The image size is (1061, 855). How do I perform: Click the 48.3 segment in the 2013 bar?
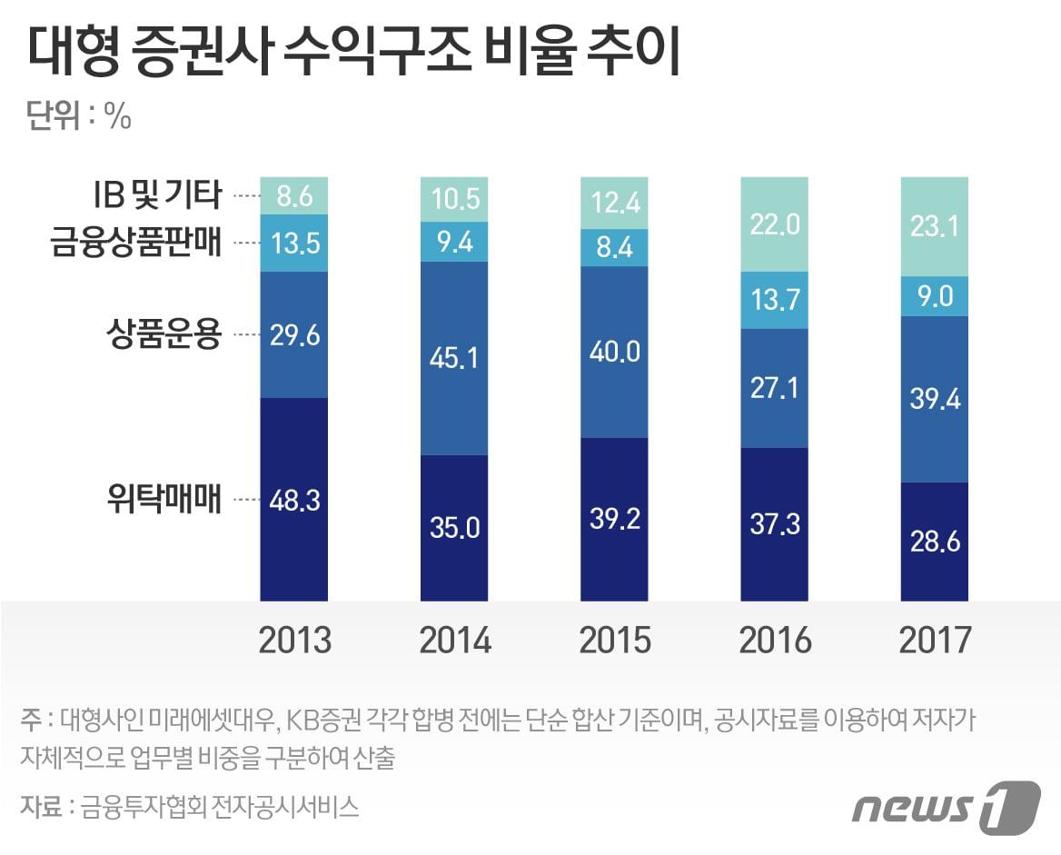(294, 499)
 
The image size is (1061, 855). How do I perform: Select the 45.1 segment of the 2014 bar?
(454, 357)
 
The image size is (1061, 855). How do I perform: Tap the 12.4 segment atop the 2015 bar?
(614, 203)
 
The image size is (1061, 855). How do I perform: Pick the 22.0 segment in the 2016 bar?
(774, 224)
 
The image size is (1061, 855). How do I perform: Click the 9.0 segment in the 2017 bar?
(934, 296)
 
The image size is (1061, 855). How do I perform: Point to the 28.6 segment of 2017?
(934, 541)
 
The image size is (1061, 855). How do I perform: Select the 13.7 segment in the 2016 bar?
(774, 300)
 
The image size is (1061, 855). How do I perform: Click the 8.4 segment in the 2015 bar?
(614, 247)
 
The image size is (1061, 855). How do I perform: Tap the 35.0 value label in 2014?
(454, 527)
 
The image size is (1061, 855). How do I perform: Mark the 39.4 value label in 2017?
(934, 399)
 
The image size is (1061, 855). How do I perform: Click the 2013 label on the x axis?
(294, 641)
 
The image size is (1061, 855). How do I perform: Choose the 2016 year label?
(774, 641)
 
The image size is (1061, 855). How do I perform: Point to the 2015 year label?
(614, 641)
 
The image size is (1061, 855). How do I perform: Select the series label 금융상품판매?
(136, 243)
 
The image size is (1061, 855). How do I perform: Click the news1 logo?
(945, 805)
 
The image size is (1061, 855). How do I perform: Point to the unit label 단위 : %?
(79, 117)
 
